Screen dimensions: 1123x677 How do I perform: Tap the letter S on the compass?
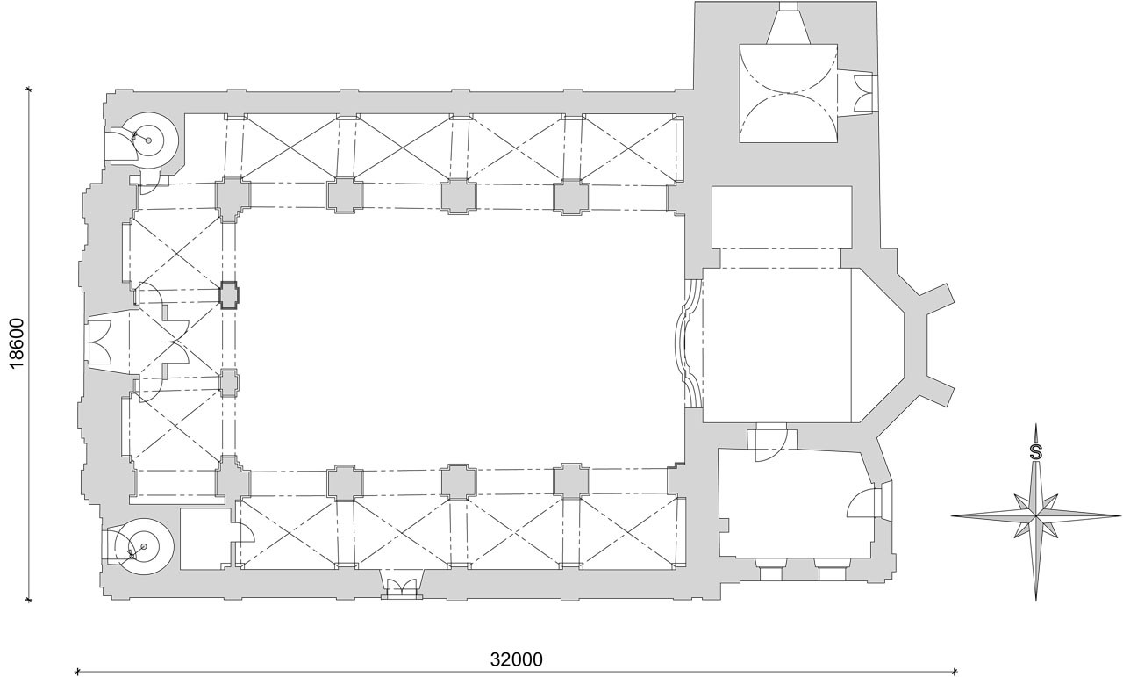click(1036, 452)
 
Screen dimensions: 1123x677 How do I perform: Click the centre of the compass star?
click(1036, 515)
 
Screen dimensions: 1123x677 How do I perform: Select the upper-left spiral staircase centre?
click(148, 140)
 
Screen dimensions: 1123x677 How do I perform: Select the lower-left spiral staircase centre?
click(144, 546)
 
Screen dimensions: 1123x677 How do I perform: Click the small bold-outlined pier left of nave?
click(229, 294)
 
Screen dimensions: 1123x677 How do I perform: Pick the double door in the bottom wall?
click(402, 587)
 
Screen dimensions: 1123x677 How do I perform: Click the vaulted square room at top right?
click(789, 93)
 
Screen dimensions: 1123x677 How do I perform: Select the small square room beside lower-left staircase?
click(206, 539)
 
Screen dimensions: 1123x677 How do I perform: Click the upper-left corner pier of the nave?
click(232, 198)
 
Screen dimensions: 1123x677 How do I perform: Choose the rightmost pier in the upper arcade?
click(571, 198)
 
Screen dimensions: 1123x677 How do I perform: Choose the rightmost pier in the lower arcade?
click(571, 481)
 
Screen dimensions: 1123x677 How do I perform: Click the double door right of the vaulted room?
click(863, 93)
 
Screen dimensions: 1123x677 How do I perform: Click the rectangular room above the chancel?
click(782, 217)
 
